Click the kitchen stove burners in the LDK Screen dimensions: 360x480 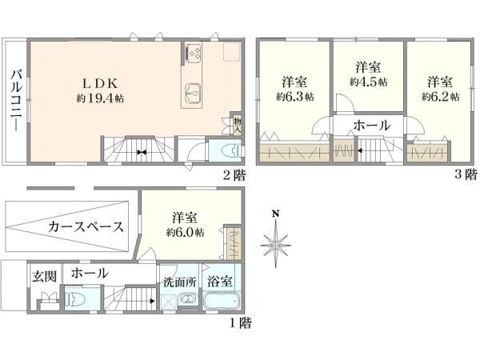(193, 53)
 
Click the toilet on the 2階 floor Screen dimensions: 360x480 (226, 150)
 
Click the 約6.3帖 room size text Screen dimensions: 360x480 (294, 97)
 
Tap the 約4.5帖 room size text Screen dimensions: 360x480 (368, 82)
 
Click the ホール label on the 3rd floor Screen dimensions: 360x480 (371, 126)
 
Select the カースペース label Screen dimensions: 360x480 (86, 226)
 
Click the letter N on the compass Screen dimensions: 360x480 (275, 213)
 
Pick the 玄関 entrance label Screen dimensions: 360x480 (43, 276)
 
